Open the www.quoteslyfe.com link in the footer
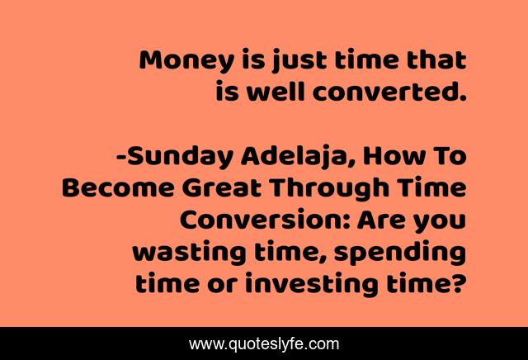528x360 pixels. [x=264, y=343]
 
